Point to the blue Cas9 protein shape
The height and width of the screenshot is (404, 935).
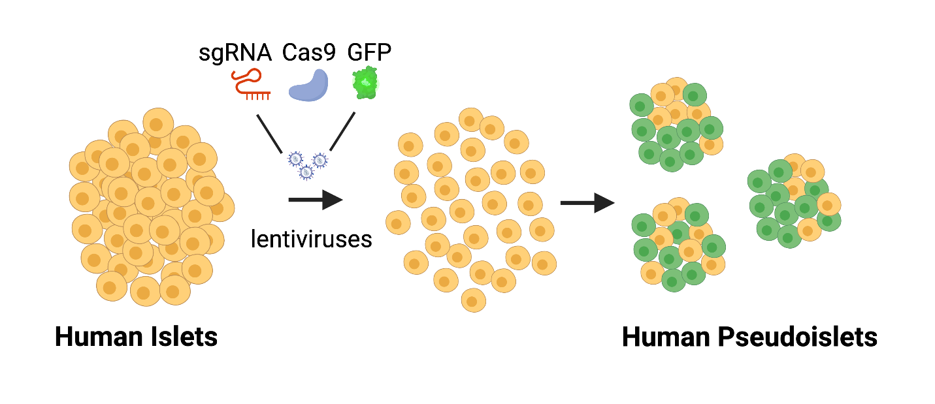(310, 86)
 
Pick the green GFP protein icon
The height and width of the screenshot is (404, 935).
(367, 84)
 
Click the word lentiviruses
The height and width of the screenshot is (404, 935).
(311, 239)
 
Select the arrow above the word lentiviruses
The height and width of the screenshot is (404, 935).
(315, 199)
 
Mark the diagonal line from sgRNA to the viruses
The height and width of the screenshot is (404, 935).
(274, 133)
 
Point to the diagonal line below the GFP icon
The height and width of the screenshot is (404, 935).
(342, 131)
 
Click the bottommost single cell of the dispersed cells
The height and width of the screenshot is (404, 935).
(474, 300)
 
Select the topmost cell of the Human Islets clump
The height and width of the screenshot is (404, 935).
(157, 122)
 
